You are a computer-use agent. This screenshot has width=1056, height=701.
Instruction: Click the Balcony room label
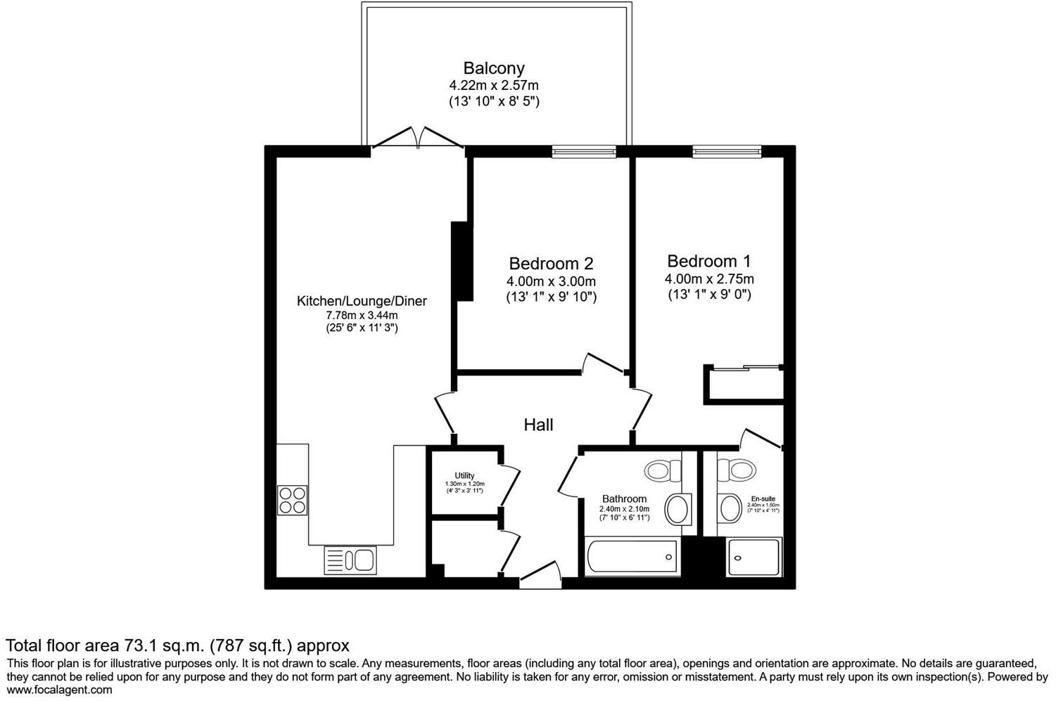point(493,68)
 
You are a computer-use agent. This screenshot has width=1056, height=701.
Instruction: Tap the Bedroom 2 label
point(551,264)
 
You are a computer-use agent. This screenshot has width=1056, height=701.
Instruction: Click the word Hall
point(538,425)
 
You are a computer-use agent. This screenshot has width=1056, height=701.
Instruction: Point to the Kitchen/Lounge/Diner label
point(362,301)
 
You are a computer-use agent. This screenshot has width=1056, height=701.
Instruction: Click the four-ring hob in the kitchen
point(292,500)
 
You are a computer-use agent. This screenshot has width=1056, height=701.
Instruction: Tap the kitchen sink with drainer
point(350,560)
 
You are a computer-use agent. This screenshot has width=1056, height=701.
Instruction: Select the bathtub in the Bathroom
point(631,558)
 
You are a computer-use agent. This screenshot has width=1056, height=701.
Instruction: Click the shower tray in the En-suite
point(753,558)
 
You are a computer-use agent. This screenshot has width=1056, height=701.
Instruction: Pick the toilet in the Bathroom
point(663,469)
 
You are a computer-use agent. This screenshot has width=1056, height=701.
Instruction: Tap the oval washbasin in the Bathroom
point(678,509)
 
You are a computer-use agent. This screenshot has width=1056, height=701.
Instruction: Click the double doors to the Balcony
point(418,138)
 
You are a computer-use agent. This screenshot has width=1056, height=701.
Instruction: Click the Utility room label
point(464,476)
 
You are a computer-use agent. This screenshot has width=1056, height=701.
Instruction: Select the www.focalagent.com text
point(59,690)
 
